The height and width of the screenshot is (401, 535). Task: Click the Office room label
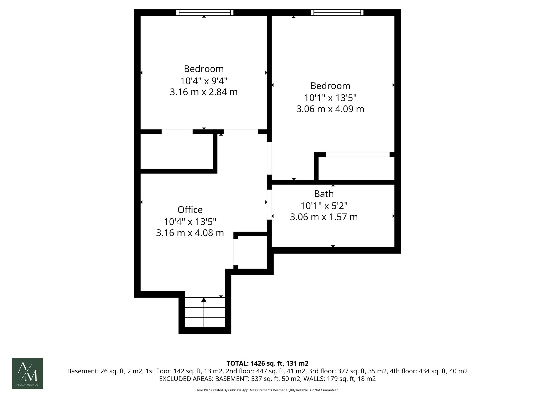[x=190, y=210]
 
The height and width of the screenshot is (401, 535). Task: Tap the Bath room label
[x=324, y=194]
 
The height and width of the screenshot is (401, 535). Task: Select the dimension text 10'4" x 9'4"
[x=204, y=81]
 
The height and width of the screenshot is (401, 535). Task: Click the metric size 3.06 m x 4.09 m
[x=330, y=109]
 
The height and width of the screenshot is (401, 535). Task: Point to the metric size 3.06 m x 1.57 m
[x=324, y=217]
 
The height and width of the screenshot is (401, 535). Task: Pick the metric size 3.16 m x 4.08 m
[x=190, y=233]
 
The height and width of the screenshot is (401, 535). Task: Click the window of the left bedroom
[x=205, y=12]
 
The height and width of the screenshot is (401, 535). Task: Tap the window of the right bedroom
[x=337, y=12]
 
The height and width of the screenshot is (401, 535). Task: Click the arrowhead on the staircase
[x=204, y=300]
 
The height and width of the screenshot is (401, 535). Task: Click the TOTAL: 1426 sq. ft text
[x=267, y=363]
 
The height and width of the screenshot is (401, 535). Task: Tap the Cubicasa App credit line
[x=267, y=390]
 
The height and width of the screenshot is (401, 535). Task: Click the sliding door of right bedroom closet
[x=357, y=155]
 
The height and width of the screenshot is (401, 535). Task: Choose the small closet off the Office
[x=252, y=252]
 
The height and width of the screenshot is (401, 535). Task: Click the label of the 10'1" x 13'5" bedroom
[x=330, y=86]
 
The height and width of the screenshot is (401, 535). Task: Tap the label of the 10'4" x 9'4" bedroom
[x=204, y=69]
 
